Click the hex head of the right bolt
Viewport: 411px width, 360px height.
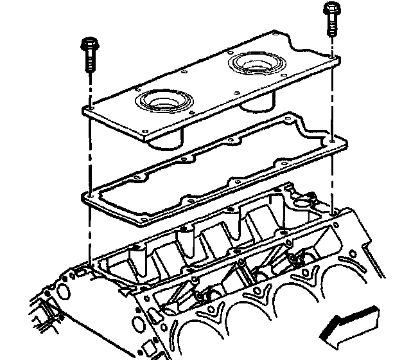pyautogui.click(x=331, y=10)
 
